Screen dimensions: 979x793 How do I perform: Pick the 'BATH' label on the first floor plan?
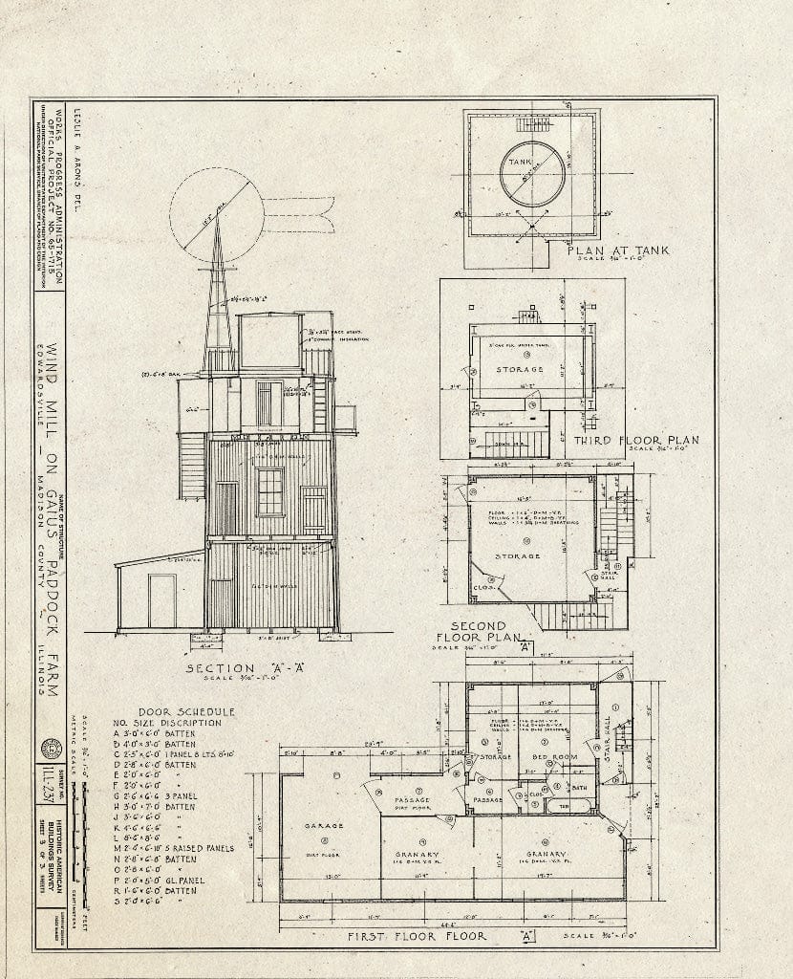click(577, 788)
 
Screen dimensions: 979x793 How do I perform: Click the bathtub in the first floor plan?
click(563, 805)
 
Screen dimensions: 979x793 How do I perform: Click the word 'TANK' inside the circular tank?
click(519, 163)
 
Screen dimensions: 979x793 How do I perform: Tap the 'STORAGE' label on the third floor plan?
click(520, 369)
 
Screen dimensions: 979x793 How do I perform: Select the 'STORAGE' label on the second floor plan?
click(517, 555)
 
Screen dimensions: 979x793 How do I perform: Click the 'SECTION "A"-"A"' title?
click(232, 668)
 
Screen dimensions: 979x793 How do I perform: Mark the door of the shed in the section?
click(161, 600)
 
